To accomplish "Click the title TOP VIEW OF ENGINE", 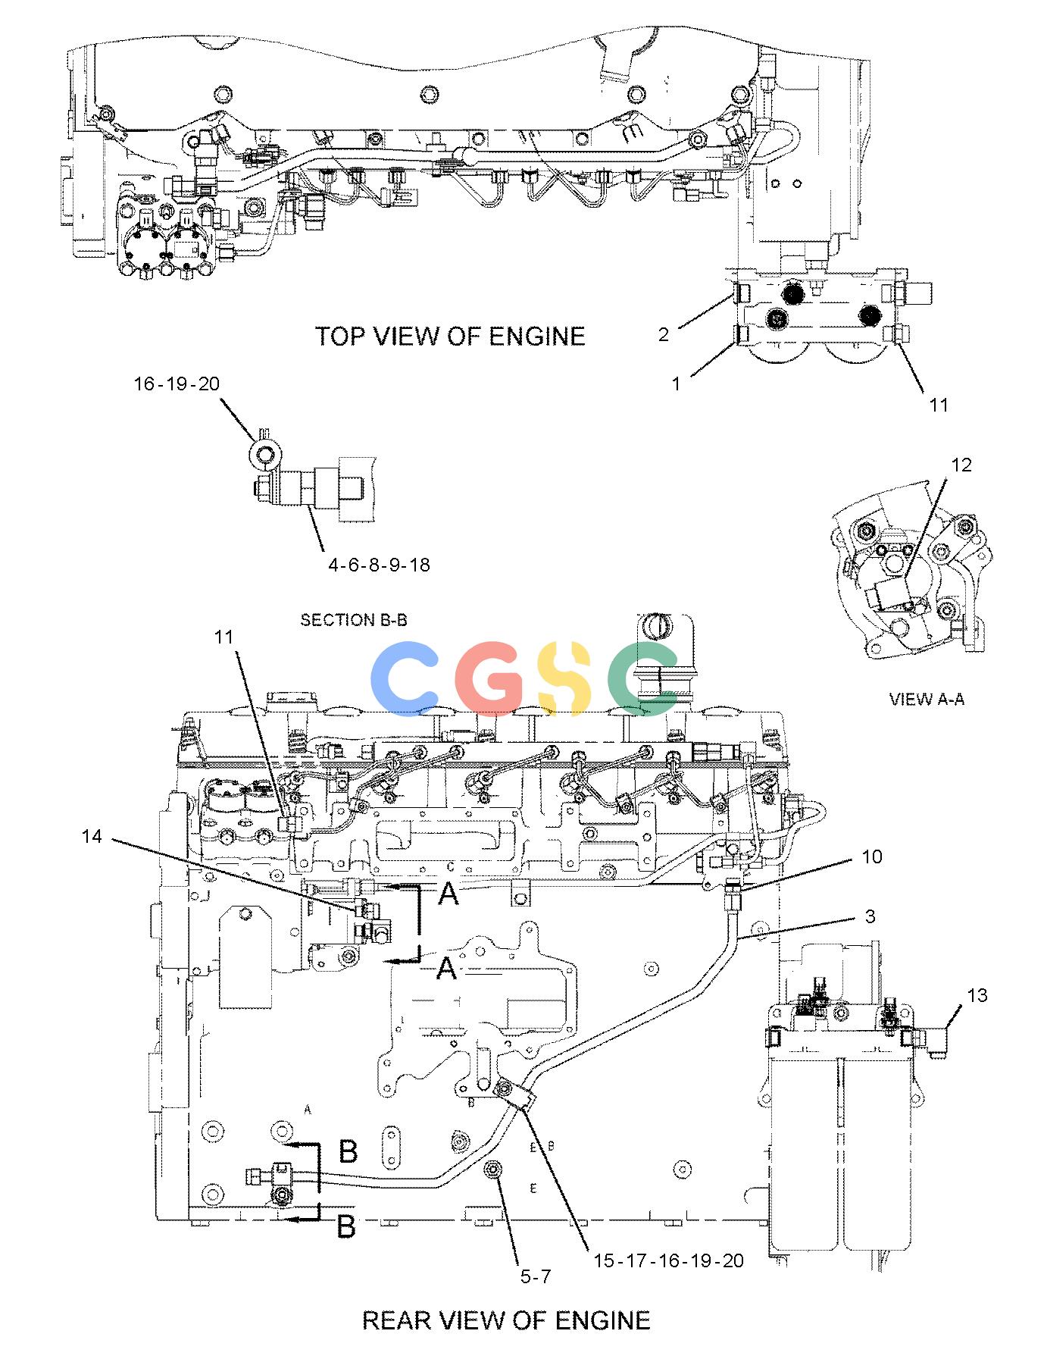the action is [x=450, y=336].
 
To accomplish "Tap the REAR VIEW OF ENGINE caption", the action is [x=506, y=1320].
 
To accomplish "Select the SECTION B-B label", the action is [x=354, y=620].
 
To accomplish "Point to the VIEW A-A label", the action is [x=927, y=699].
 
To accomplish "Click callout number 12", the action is [x=961, y=465].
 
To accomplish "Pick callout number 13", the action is [x=977, y=995].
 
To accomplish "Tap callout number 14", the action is [x=92, y=836].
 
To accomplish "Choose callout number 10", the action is [x=872, y=856].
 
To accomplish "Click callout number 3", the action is [x=870, y=916].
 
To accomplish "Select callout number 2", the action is [x=664, y=334].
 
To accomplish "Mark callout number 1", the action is [x=677, y=384].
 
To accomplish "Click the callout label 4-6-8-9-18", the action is [x=379, y=565].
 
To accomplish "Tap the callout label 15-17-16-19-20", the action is [x=668, y=1260].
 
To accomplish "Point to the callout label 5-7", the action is [x=535, y=1276].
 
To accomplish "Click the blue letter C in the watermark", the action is [x=409, y=678].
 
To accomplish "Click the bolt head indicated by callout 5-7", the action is [x=493, y=1171].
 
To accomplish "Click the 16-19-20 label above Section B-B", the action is [x=177, y=384].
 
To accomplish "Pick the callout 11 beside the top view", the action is [x=939, y=406].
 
